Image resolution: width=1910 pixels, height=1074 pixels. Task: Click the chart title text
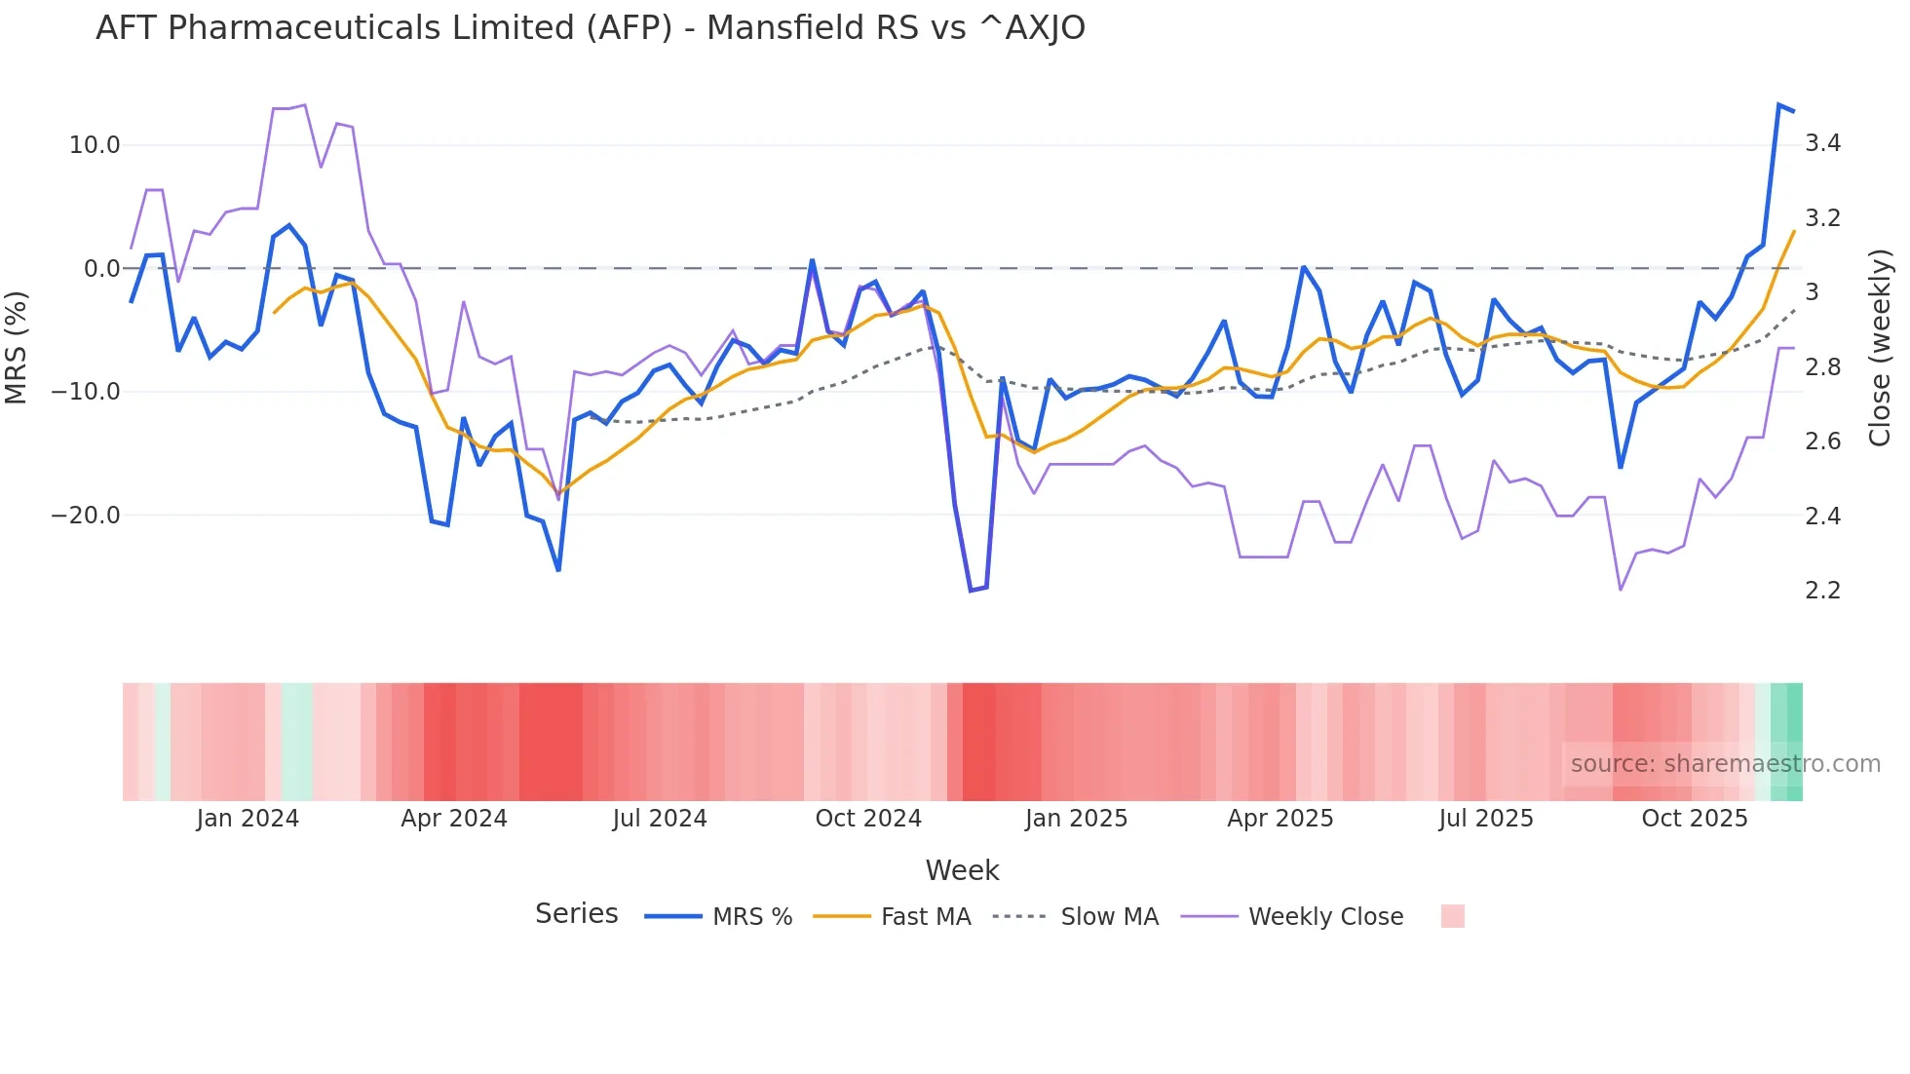click(x=590, y=28)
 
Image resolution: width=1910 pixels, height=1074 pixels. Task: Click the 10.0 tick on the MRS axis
click(x=94, y=145)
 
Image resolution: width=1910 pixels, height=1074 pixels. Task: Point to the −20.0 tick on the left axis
click(x=86, y=516)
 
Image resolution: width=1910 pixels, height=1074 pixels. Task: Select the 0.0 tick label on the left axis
click(x=101, y=269)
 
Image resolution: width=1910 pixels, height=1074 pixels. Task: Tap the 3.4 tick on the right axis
click(x=1822, y=143)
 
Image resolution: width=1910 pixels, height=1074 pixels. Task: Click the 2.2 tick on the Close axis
click(x=1822, y=591)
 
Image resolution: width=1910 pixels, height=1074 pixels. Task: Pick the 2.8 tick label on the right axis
click(x=1822, y=367)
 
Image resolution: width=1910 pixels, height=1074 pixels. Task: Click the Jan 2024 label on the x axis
click(x=248, y=819)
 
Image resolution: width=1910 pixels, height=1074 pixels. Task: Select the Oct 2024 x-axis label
click(x=868, y=819)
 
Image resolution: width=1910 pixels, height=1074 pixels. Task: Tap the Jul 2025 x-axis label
click(x=1486, y=819)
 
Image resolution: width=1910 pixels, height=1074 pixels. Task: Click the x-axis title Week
click(x=962, y=870)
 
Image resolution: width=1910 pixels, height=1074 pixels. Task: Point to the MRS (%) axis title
click(x=17, y=348)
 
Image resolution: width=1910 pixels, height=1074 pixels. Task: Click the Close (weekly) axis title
click(x=1880, y=348)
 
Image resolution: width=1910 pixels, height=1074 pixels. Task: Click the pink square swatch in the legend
click(x=1452, y=916)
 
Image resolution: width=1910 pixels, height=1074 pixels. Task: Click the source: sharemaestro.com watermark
click(x=1725, y=764)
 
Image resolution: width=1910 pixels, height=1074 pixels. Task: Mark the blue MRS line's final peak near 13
click(x=1778, y=105)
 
